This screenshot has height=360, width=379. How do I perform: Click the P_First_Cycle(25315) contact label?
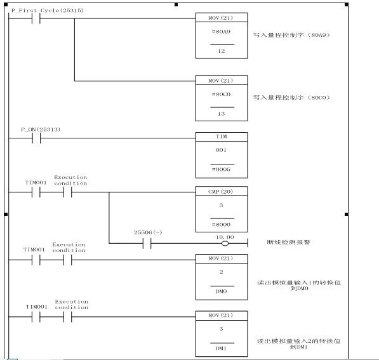point(48,10)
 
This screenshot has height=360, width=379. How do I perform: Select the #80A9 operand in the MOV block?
point(221,32)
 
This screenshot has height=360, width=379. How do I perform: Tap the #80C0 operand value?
point(221,95)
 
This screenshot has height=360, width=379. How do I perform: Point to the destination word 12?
point(222,51)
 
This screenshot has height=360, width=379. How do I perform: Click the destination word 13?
point(222,114)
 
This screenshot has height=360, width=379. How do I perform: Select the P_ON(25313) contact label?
point(41,130)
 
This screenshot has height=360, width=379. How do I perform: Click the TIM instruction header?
point(222,137)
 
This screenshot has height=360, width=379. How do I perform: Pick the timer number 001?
point(221,150)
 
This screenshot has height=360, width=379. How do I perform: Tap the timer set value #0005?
point(221,170)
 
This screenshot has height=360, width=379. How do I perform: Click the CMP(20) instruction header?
point(221,192)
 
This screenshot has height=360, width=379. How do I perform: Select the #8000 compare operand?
point(221,225)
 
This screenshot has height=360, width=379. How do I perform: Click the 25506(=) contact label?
point(148,232)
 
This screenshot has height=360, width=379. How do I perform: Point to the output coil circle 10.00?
point(225,243)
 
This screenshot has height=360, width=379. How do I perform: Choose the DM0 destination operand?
point(222,291)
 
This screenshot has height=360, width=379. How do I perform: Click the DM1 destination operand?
point(222,349)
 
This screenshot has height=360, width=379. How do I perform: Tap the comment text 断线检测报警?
point(289,243)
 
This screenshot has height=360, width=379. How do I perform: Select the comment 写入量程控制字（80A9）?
point(291,35)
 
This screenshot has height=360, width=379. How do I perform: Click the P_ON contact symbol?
point(36,138)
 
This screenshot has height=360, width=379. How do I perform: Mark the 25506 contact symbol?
point(147,243)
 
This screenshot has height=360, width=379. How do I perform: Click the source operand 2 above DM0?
point(221,272)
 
